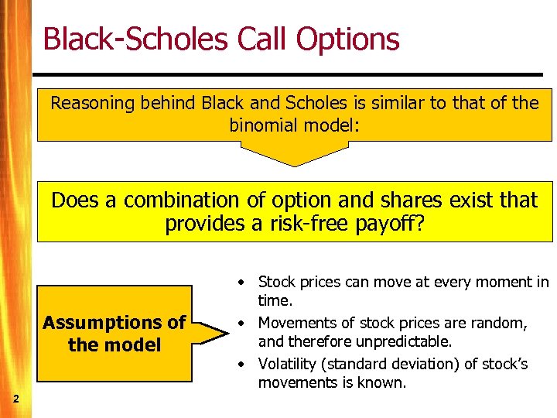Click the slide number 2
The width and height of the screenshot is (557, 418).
click(15, 398)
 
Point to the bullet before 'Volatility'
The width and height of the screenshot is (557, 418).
click(242, 364)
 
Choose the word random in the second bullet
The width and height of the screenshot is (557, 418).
click(501, 323)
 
